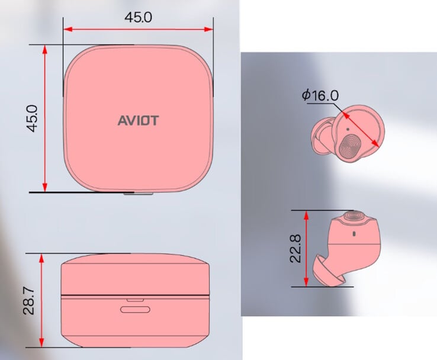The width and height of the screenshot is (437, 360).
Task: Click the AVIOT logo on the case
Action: coord(138,120)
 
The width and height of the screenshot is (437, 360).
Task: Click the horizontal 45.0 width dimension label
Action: coord(138,17)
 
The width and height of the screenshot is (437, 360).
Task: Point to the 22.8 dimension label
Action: coord(295,248)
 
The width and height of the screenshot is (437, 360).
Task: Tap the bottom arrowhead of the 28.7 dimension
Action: coord(41,343)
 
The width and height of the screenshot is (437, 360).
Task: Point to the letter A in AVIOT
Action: coord(121,120)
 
